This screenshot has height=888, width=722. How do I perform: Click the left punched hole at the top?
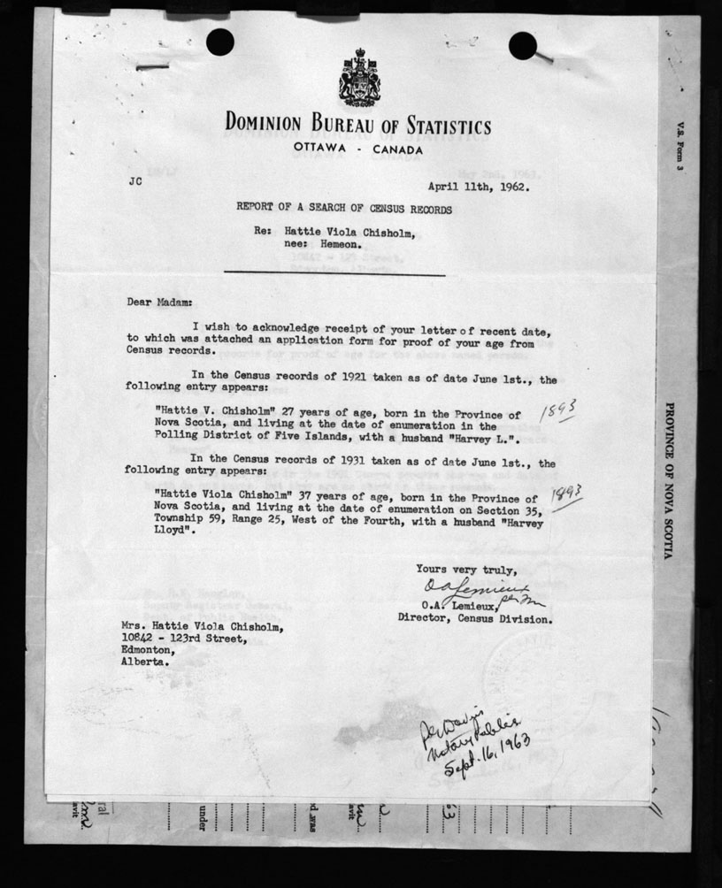coord(219,42)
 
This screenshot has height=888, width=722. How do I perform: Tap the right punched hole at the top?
coord(522,45)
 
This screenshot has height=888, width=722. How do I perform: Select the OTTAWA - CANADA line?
coord(358,149)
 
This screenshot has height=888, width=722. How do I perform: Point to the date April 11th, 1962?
coord(479,187)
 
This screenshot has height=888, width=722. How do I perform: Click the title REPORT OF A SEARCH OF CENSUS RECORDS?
coord(343,210)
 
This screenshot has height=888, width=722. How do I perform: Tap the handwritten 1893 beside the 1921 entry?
coord(560,409)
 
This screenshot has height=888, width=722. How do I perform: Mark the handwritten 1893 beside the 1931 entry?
coord(565,497)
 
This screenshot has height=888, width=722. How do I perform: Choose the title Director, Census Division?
coord(475,619)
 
